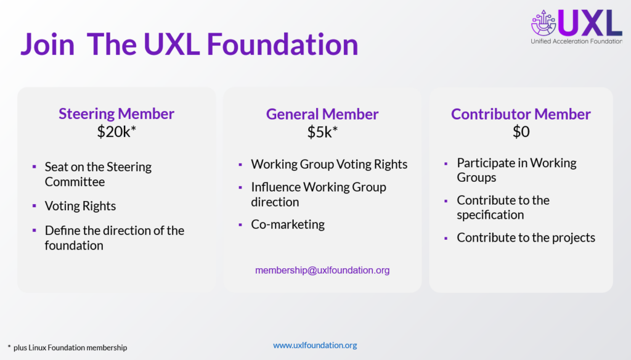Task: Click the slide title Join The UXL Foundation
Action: [189, 44]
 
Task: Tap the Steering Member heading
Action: [116, 113]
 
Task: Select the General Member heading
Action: [322, 114]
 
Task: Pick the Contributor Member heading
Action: [521, 114]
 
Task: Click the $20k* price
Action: [116, 132]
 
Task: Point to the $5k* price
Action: [322, 132]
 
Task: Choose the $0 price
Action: [521, 132]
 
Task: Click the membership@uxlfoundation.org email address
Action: [322, 270]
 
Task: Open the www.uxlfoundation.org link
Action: [315, 345]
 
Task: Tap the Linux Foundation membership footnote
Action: [67, 348]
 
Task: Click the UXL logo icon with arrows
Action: [543, 23]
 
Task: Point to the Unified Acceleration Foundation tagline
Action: [576, 41]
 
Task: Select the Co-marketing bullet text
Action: [288, 224]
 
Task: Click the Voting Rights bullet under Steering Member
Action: [80, 206]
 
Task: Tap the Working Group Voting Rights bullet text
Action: [329, 164]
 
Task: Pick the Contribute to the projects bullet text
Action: [526, 237]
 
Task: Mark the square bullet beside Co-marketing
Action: [240, 225]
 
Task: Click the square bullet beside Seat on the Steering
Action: [35, 168]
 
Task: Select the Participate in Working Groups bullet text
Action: [516, 170]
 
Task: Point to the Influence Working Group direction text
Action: [319, 194]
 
